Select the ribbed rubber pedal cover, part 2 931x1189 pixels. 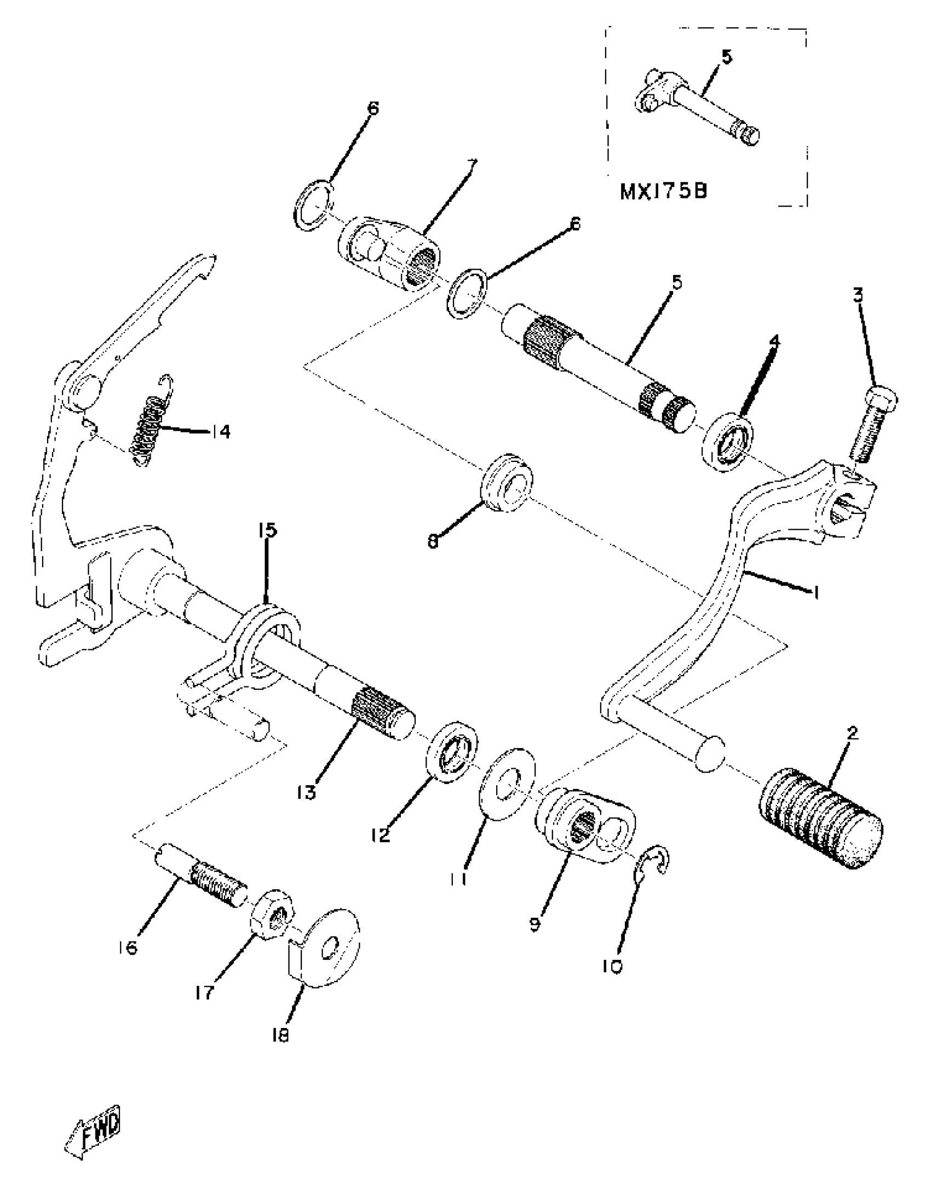pyautogui.click(x=820, y=818)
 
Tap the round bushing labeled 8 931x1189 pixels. pyautogui.click(x=507, y=482)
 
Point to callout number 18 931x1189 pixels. pyautogui.click(x=280, y=1034)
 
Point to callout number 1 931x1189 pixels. pyautogui.click(x=815, y=592)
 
